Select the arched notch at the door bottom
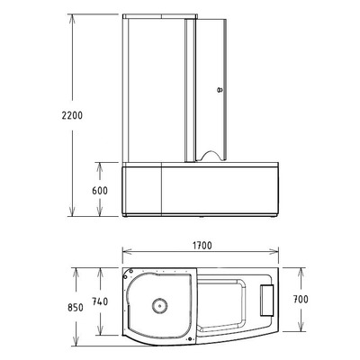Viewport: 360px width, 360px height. [x=207, y=155]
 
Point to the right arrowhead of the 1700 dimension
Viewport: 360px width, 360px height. [x=282, y=256]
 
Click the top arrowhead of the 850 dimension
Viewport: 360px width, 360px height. [x=77, y=268]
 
